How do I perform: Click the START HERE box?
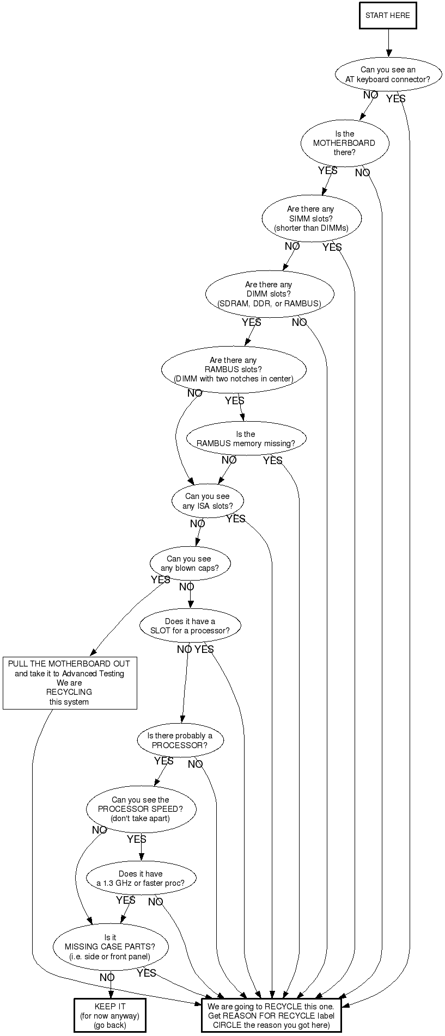coord(388,15)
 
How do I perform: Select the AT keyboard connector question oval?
coord(388,75)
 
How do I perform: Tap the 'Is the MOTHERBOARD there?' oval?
coord(344,143)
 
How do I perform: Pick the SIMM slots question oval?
coord(311,219)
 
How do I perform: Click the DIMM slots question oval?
coord(269,294)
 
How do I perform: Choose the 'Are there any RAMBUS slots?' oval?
coord(233,370)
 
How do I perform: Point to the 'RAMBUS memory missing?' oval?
coord(246,439)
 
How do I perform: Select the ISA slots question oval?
coord(208,501)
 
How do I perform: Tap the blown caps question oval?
coord(190,564)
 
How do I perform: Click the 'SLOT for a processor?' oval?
coord(190,626)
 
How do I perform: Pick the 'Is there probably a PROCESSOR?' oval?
coord(180,741)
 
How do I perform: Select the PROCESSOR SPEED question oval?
coord(141,809)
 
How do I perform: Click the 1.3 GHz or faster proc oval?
coord(141,878)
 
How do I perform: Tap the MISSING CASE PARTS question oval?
coord(110,947)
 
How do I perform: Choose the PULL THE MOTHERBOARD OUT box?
coord(70,683)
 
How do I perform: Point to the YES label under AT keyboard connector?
coord(396,98)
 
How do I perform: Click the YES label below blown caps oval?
coord(161,579)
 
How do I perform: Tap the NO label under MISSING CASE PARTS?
coord(107,978)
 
